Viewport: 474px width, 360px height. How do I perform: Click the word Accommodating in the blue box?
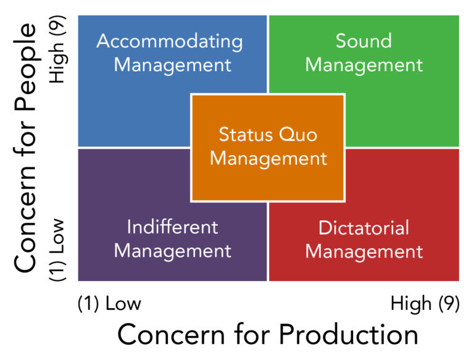pyautogui.click(x=170, y=41)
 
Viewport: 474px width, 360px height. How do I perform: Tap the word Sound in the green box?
pyautogui.click(x=364, y=41)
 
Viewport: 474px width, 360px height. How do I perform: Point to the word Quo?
pyautogui.click(x=297, y=135)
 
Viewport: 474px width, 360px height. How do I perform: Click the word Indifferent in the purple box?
pyautogui.click(x=172, y=227)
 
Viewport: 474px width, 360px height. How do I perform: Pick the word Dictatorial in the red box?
pyautogui.click(x=364, y=227)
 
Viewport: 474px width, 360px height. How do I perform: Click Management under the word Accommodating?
pyautogui.click(x=173, y=65)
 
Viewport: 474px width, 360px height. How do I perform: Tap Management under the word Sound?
pyautogui.click(x=364, y=65)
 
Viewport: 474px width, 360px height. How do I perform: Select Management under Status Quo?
pyautogui.click(x=268, y=159)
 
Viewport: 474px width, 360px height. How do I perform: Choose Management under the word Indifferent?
pyautogui.click(x=173, y=251)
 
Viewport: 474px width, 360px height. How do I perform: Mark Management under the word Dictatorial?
pyautogui.click(x=364, y=252)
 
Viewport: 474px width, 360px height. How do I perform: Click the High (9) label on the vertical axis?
pyautogui.click(x=57, y=49)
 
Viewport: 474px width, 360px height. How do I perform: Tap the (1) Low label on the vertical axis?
pyautogui.click(x=57, y=250)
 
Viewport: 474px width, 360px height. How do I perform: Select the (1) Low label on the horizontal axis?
pyautogui.click(x=109, y=303)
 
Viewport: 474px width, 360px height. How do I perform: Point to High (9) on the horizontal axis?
pyautogui.click(x=425, y=303)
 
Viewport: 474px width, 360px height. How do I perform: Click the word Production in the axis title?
pyautogui.click(x=348, y=335)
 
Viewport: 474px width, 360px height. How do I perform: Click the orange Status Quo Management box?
pyautogui.click(x=268, y=148)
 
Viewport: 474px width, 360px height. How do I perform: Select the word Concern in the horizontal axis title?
pyautogui.click(x=171, y=335)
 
